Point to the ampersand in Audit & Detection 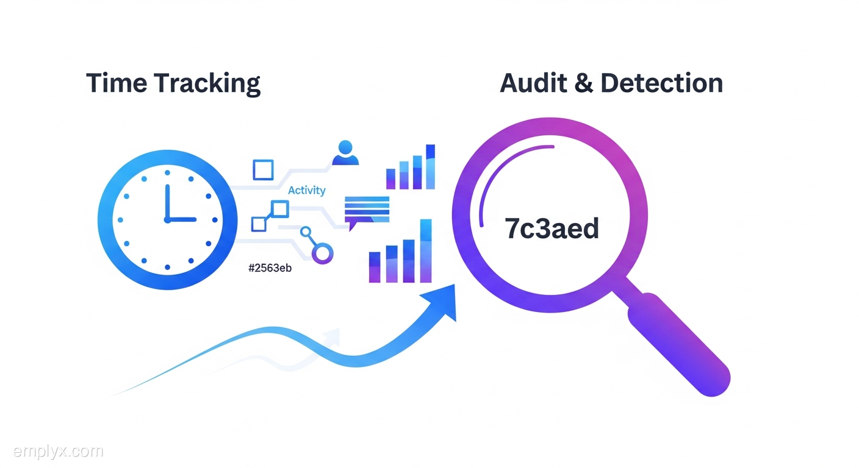pos(584,83)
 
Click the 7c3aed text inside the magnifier pos(552,229)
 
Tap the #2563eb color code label pos(270,268)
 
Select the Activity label pos(306,191)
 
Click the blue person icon pos(345,153)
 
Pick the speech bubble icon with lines pos(366,211)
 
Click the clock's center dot pos(166,219)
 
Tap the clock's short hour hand pos(181,219)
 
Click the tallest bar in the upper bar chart pos(430,166)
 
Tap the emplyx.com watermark pos(58,452)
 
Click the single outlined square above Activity pos(263,170)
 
